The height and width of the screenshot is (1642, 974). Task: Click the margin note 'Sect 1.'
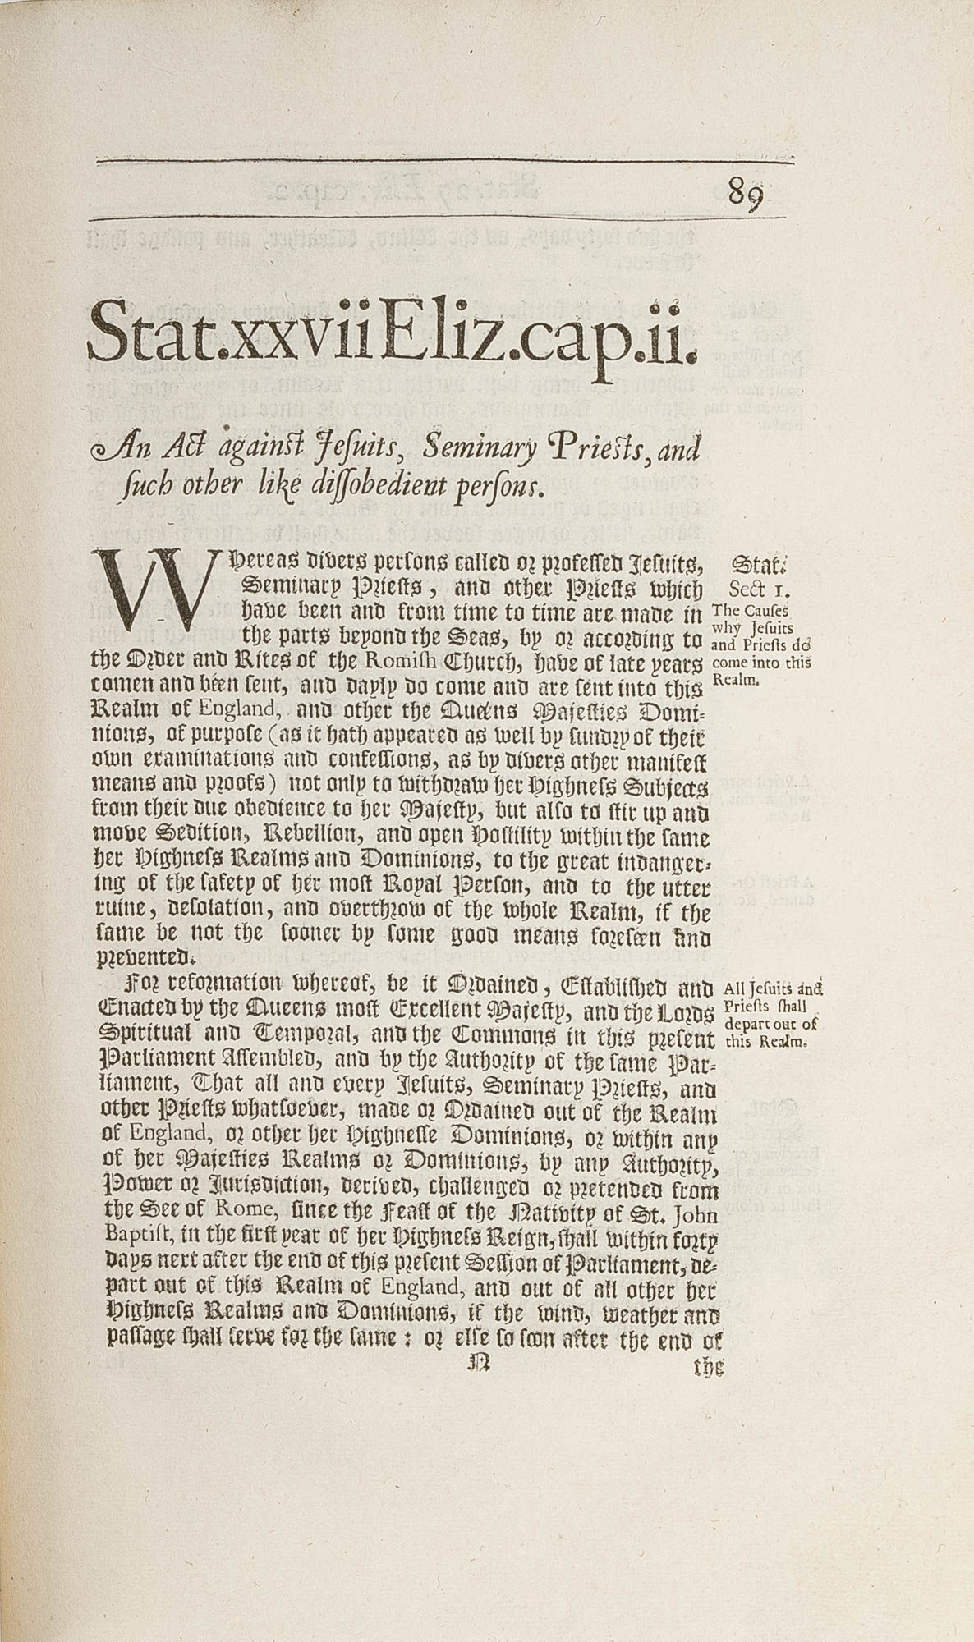coord(758,589)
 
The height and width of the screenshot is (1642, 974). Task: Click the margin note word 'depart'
coord(750,1023)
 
